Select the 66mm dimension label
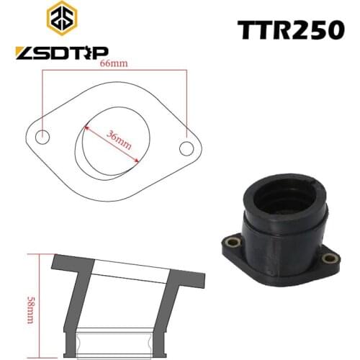[109, 63]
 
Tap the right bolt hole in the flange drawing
[186, 148]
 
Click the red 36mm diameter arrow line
[108, 144]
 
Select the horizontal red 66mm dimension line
[115, 71]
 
